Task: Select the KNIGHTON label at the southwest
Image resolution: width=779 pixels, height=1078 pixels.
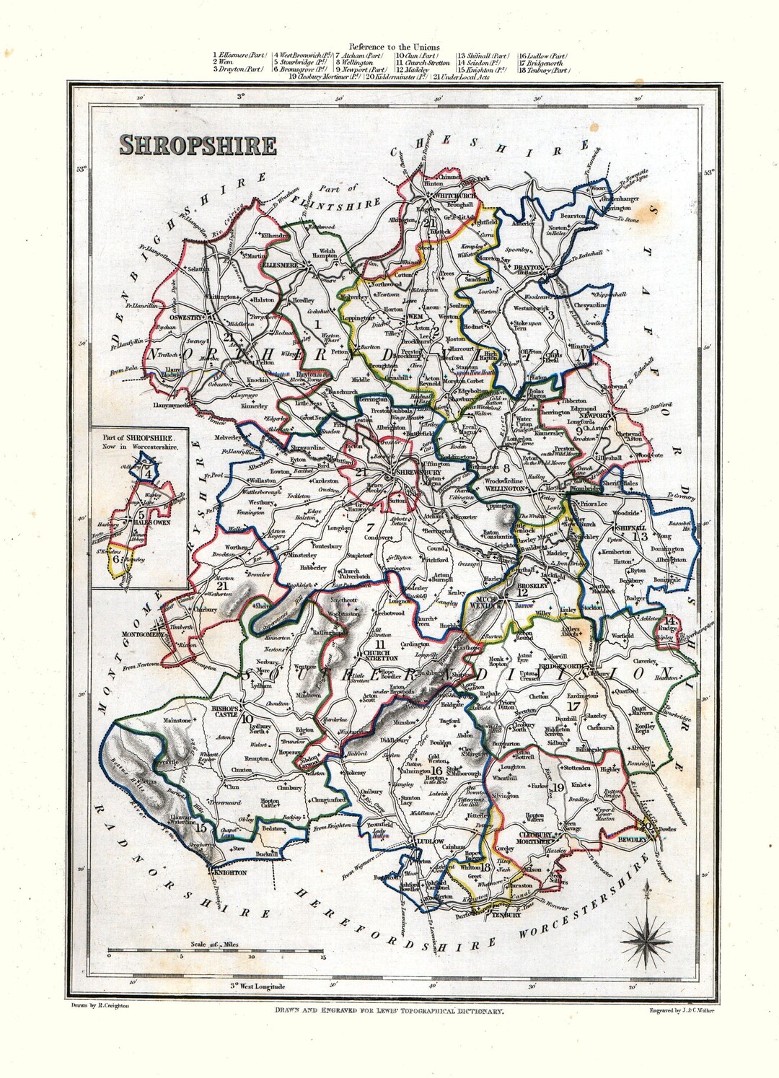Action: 230,872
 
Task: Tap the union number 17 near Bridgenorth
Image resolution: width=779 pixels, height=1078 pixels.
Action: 573,705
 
